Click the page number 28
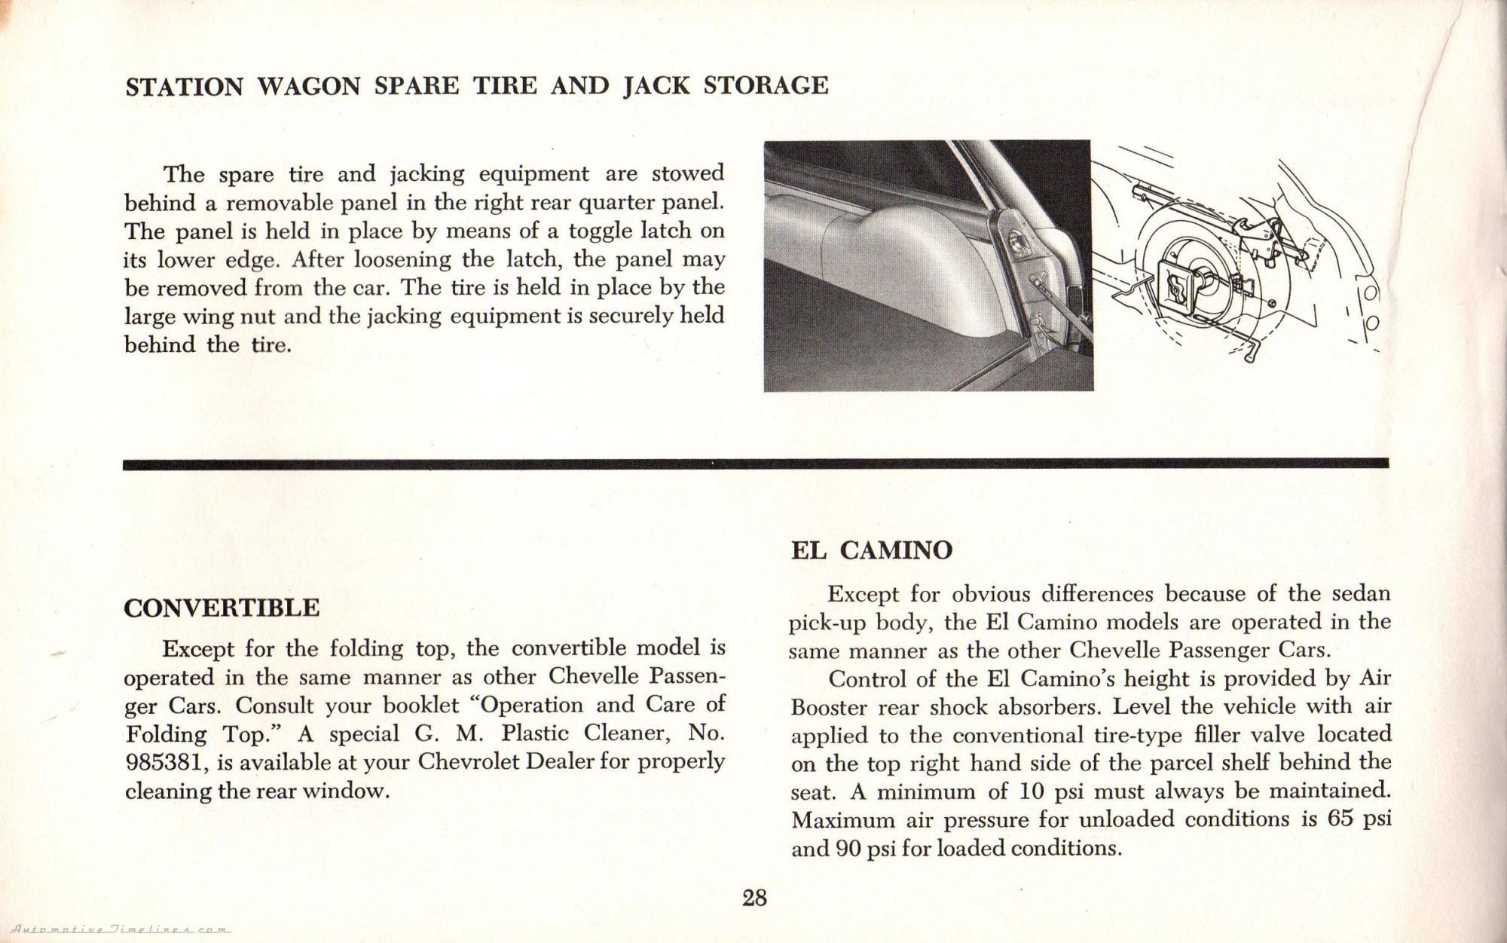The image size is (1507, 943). [x=754, y=898]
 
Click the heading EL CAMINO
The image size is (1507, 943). [x=871, y=550]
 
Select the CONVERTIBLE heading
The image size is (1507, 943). [x=222, y=608]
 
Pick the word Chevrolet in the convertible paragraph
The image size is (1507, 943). [x=468, y=762]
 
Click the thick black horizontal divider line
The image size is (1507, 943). [x=753, y=464]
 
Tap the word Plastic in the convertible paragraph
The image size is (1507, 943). [x=537, y=733]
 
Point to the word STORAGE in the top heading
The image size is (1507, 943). [x=766, y=85]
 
